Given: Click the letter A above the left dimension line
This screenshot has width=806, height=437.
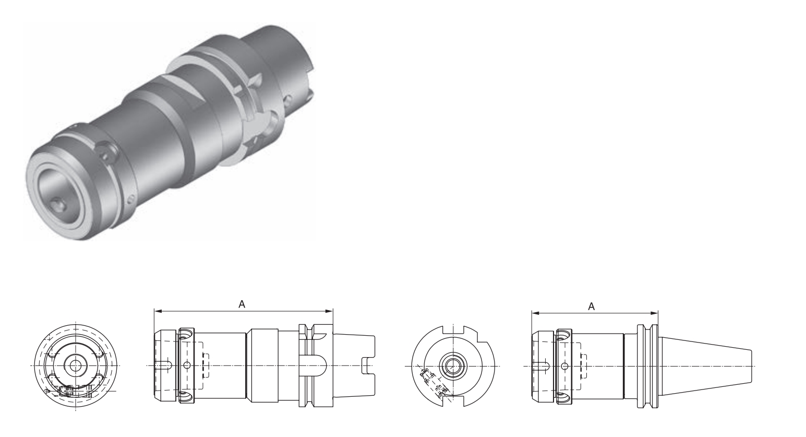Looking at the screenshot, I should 242,304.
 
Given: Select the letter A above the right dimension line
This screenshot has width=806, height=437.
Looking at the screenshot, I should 591,306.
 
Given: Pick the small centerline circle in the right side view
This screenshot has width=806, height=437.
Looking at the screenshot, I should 564,366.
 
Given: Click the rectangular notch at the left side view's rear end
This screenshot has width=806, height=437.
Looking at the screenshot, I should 368,365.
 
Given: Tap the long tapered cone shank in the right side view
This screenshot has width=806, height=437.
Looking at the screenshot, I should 704,366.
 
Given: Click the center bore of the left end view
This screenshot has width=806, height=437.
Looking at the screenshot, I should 76,365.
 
